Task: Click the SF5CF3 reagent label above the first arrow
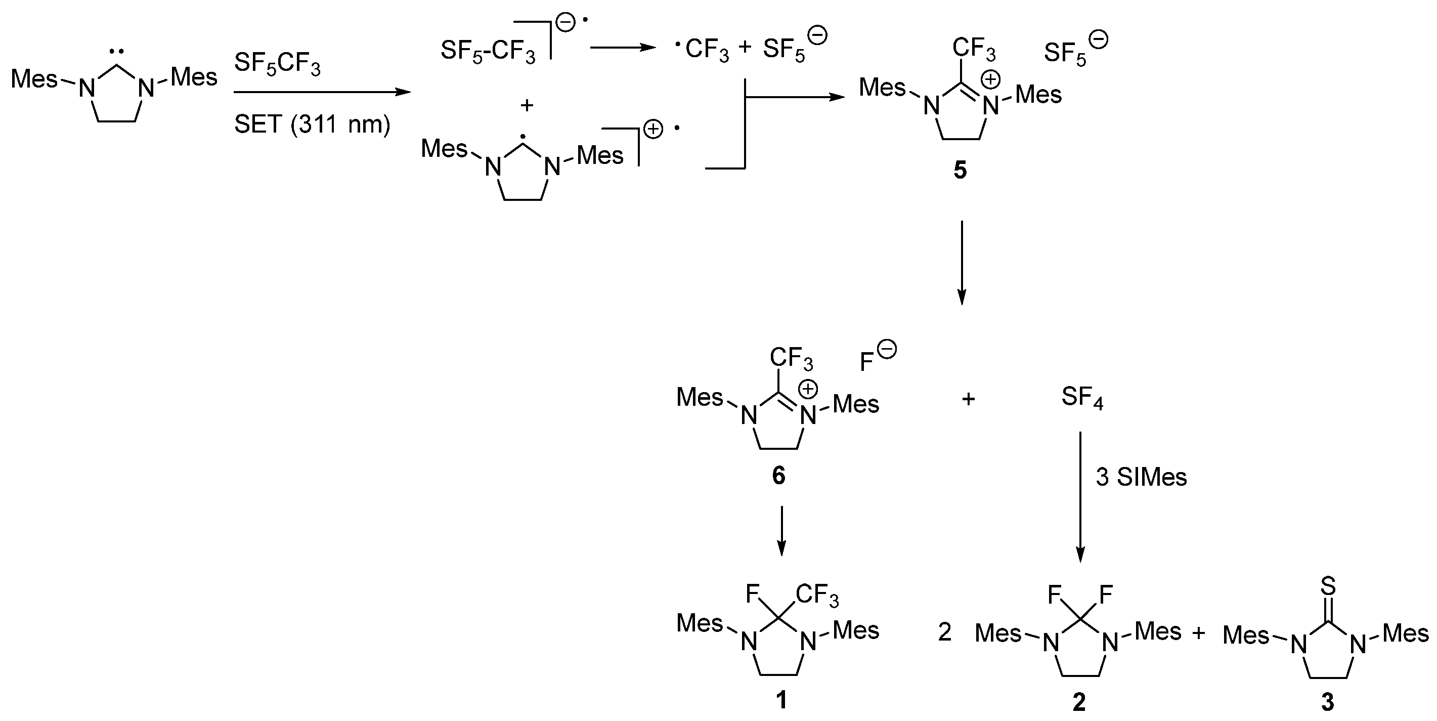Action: pyautogui.click(x=277, y=64)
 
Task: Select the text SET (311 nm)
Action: pyautogui.click(x=312, y=124)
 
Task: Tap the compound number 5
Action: pyautogui.click(x=960, y=170)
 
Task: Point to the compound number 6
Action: pyautogui.click(x=778, y=476)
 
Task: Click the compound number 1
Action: pyautogui.click(x=781, y=699)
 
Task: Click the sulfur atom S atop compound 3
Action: pyautogui.click(x=1328, y=586)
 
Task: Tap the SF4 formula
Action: pyautogui.click(x=1082, y=398)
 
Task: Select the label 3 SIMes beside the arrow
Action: pyautogui.click(x=1141, y=477)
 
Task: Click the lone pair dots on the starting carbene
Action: pyautogui.click(x=117, y=52)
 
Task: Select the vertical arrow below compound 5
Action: pyautogui.click(x=961, y=262)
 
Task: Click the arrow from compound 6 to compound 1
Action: pyautogui.click(x=781, y=530)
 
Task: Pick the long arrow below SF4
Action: pyautogui.click(x=1080, y=497)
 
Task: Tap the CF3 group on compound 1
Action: pyautogui.click(x=817, y=596)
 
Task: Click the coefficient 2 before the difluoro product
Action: pyautogui.click(x=944, y=632)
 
